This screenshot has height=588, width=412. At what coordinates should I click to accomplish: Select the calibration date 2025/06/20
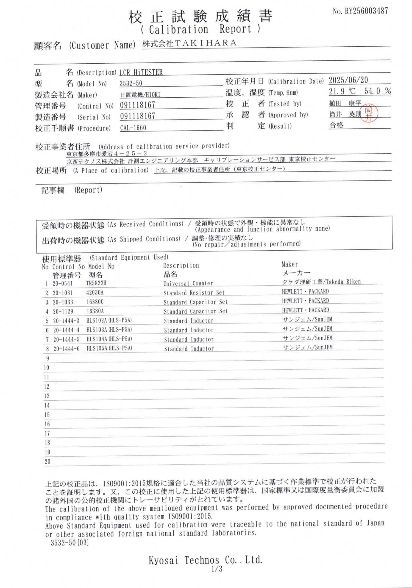[348, 80]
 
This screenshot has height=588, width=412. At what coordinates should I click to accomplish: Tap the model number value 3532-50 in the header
[131, 83]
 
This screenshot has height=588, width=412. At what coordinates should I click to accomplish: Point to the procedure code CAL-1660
[133, 128]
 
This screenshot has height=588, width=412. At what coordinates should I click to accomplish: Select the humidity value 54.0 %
[377, 91]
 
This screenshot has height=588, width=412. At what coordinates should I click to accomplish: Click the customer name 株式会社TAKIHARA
[189, 43]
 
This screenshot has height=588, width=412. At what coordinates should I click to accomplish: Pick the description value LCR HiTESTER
[141, 73]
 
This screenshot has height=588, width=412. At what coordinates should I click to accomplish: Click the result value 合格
[336, 125]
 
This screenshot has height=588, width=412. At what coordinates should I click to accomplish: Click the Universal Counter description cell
[188, 283]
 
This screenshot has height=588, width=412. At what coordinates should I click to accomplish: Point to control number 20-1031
[63, 293]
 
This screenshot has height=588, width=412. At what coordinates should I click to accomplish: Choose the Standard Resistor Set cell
[194, 293]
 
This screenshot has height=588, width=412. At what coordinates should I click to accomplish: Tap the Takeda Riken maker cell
[321, 282]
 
